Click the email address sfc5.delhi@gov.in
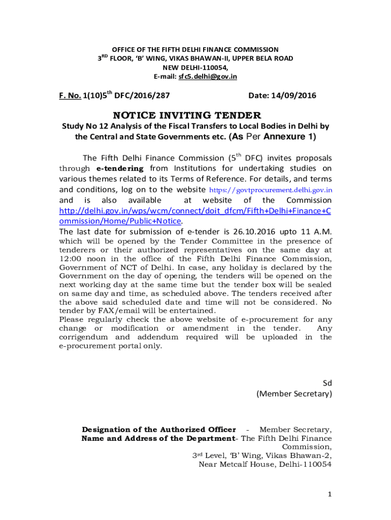[207, 77]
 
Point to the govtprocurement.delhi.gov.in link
[271, 189]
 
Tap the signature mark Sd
[327, 382]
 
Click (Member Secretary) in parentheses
[294, 394]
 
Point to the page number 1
[330, 495]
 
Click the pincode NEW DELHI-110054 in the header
[195, 68]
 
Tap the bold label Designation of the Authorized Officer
[159, 430]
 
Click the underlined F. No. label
[70, 95]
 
